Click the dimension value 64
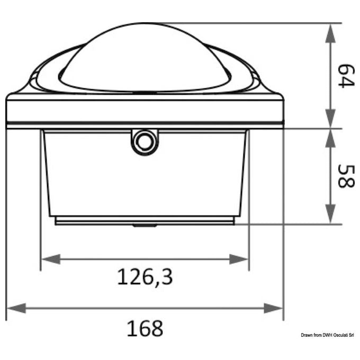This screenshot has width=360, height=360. click(x=346, y=76)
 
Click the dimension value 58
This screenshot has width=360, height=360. click(x=346, y=176)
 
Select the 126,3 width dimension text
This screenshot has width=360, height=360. click(x=145, y=277)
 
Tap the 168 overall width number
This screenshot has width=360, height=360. click(x=145, y=328)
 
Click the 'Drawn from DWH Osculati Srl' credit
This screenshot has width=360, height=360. click(x=327, y=335)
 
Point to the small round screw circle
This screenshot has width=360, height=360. click(x=145, y=142)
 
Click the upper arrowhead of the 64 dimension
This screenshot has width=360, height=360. click(x=330, y=33)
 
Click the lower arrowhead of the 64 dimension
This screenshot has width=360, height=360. click(x=330, y=119)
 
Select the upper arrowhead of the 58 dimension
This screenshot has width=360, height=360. click(x=330, y=139)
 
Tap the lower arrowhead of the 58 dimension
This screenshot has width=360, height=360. click(x=330, y=214)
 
